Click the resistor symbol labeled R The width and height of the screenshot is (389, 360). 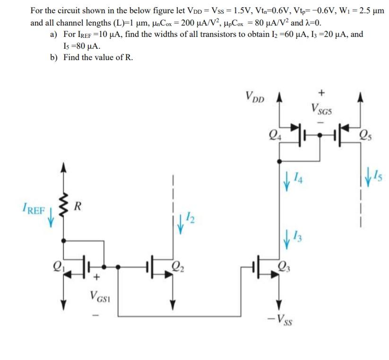point(61,205)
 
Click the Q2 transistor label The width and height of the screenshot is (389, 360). point(178,264)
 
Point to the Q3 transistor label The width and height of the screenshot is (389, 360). point(284,265)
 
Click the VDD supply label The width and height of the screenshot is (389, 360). point(255,97)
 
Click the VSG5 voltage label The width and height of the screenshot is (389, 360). point(321,110)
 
